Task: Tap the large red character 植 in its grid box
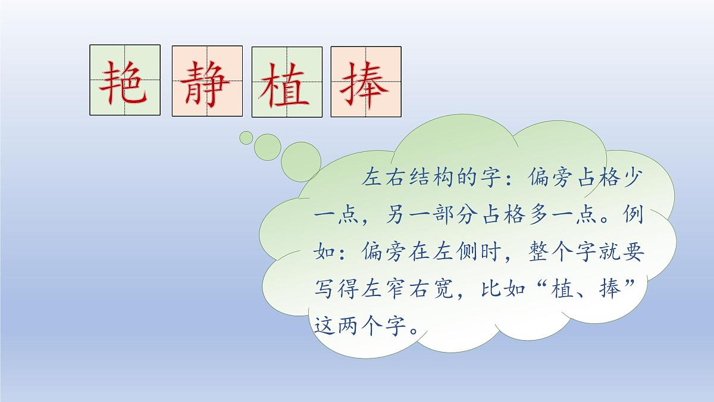(x=287, y=82)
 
